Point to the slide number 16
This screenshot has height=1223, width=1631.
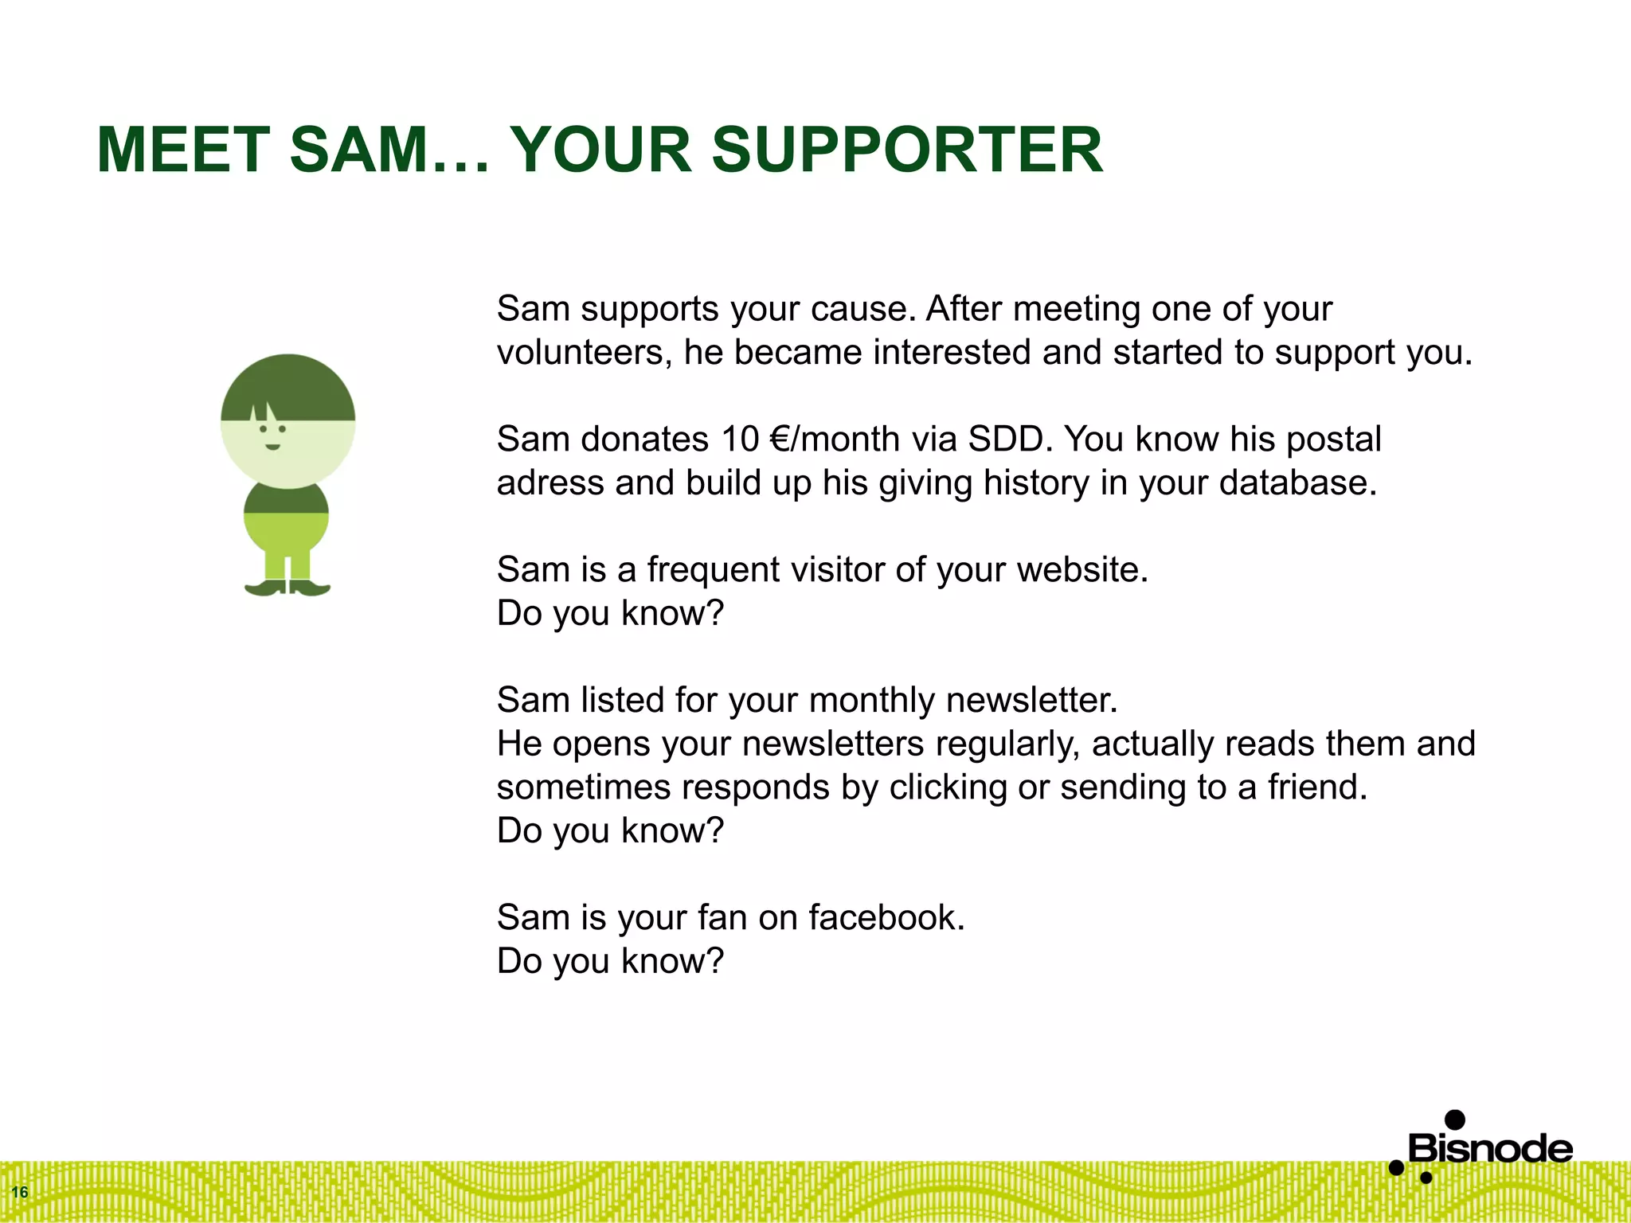tap(20, 1192)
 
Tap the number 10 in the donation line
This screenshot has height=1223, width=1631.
tap(740, 440)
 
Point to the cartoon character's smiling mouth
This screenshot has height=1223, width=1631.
tap(272, 447)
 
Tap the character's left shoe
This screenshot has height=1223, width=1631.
tap(265, 588)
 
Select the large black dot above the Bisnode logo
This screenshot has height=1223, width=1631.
tap(1455, 1119)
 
